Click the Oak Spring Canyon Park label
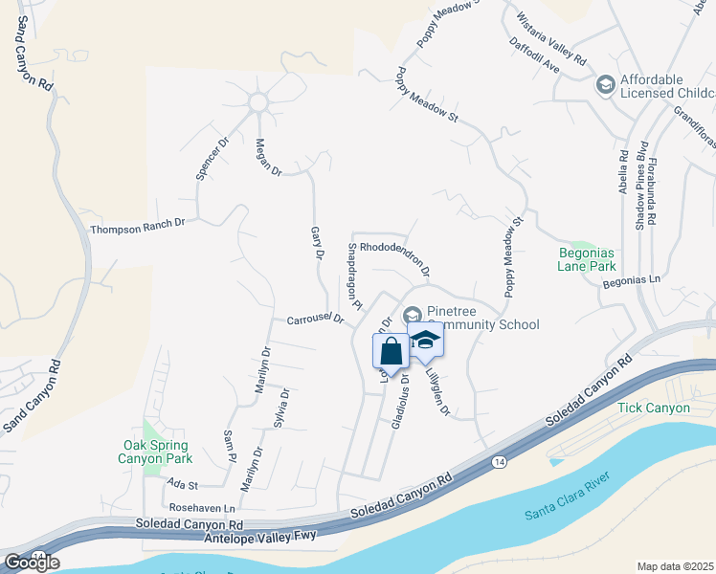[156, 452]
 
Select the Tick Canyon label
[654, 408]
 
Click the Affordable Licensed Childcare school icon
[605, 86]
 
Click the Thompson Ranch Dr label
[137, 227]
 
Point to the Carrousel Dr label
[315, 320]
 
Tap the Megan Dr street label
[268, 157]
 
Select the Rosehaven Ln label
[201, 508]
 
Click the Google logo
[31, 562]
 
